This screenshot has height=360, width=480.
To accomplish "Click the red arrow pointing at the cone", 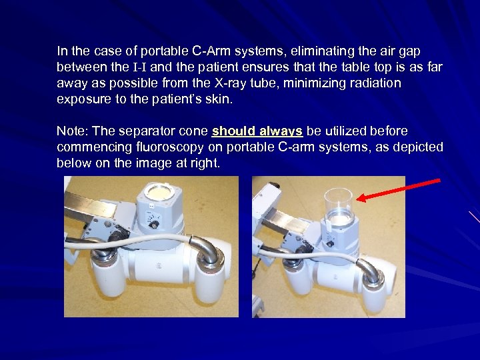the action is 399,191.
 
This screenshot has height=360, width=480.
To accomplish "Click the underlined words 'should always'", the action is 257,131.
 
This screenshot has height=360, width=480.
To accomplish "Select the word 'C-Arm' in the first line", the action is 211,51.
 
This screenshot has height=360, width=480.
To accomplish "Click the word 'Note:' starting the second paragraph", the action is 73,131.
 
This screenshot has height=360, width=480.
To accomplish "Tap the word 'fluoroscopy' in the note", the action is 170,147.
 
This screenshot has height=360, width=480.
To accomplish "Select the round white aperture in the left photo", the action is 159,192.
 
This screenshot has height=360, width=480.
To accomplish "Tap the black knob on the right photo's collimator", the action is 330,244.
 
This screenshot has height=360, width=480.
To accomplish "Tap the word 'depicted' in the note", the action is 418,147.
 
